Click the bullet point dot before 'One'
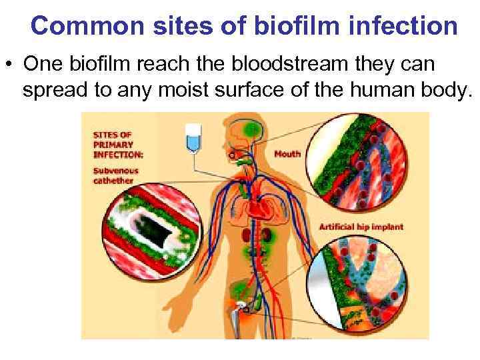point(9,65)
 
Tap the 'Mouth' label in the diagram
point(287,154)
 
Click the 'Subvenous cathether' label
point(114,175)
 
